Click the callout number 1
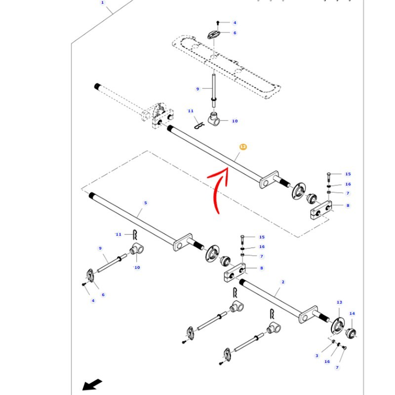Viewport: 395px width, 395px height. (103, 2)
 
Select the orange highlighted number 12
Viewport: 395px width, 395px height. (242, 147)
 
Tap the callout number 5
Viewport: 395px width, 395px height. (145, 203)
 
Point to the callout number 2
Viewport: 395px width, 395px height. (283, 282)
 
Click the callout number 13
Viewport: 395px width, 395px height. (339, 302)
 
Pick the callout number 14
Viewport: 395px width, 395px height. (352, 314)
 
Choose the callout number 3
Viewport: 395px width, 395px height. (317, 355)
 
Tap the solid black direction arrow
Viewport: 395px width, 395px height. (92, 384)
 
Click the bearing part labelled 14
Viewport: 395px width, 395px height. (352, 332)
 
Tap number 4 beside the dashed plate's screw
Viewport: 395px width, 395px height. (235, 23)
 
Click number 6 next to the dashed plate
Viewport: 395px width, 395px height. (235, 33)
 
